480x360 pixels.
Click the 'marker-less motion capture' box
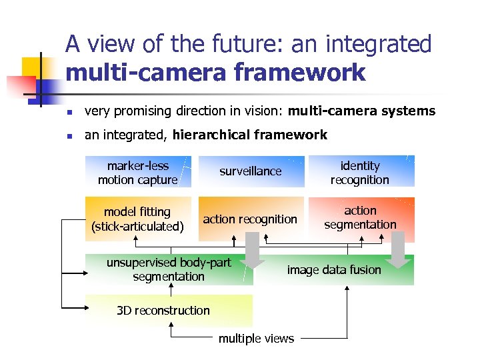point(138,172)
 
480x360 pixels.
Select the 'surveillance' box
point(251,171)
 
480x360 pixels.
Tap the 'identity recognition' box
point(360,172)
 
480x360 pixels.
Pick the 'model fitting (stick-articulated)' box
point(138,219)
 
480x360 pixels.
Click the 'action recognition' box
point(250,219)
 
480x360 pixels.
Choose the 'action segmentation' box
point(360,218)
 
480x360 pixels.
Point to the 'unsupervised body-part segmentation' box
point(169,269)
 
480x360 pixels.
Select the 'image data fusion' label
point(334,270)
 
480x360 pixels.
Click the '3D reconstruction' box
point(163,310)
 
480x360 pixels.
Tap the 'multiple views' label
point(256,339)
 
